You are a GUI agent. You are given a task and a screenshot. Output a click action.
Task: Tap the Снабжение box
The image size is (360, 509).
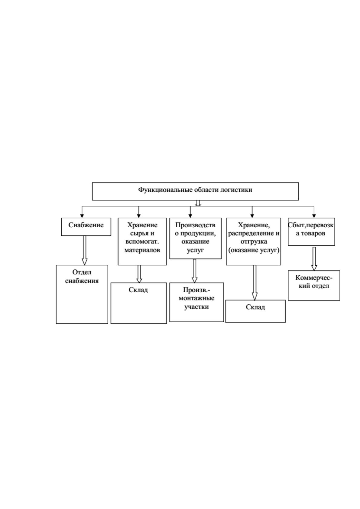86,227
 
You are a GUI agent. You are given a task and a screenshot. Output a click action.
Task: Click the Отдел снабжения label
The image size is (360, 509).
82,276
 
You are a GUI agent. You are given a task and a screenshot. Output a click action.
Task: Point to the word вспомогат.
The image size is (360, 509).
142,242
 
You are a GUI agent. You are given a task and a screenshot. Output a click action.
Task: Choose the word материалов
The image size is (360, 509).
142,250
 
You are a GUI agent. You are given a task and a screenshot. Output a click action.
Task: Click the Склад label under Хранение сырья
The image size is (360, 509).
138,290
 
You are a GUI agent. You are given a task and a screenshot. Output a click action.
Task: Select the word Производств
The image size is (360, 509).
195,225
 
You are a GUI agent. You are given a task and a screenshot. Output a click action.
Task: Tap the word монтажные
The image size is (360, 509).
196,298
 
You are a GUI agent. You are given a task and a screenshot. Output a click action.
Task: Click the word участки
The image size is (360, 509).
196,307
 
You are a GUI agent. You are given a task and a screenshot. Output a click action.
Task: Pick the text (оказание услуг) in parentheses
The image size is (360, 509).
254,250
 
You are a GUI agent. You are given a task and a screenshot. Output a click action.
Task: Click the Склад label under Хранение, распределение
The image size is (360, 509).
255,307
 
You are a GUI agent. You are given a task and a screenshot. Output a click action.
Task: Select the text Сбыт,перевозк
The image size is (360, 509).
311,225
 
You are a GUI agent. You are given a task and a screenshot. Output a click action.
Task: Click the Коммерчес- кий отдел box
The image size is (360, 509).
314,285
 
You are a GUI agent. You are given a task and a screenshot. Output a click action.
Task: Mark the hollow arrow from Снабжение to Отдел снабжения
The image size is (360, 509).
85,250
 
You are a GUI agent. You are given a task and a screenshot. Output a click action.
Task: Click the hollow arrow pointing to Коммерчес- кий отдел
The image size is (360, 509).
314,259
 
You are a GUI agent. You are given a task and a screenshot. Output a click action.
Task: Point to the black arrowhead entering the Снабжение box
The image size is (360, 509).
82,216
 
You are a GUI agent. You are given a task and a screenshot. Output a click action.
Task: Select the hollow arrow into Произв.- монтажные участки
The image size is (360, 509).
195,271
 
